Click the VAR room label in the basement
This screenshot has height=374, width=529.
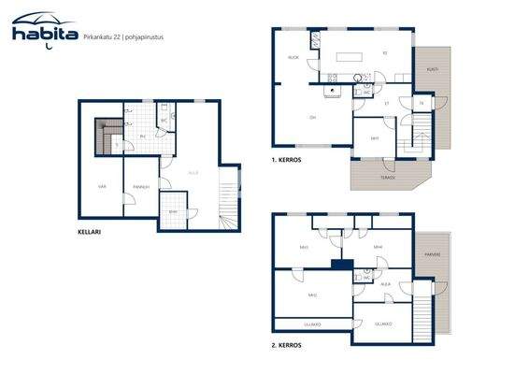click(x=102, y=187)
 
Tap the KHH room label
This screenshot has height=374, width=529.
click(x=172, y=210)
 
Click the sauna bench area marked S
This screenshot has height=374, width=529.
click(x=116, y=145)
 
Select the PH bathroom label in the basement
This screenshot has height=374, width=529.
click(x=142, y=137)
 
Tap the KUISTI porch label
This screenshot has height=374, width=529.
click(x=432, y=69)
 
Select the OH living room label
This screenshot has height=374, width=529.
click(x=312, y=117)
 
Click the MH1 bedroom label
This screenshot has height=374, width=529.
click(x=374, y=137)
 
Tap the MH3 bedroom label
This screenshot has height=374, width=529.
click(x=304, y=247)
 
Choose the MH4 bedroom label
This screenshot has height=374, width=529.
click(x=378, y=247)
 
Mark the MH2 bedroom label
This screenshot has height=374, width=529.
click(x=312, y=295)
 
